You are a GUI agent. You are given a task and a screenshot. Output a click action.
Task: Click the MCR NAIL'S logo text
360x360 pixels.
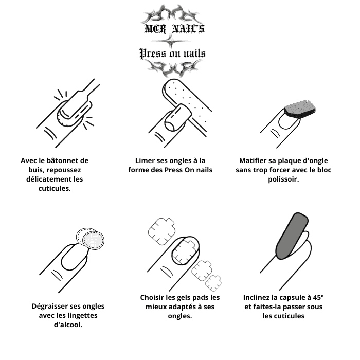[174, 29]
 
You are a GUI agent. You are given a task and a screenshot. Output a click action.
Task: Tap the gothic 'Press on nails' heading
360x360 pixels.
[172, 53]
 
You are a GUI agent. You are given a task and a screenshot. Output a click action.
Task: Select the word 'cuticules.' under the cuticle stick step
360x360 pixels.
[55, 188]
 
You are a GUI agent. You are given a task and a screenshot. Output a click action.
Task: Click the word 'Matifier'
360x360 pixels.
[253, 160]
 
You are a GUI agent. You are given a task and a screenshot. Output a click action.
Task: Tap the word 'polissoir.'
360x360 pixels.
[283, 179]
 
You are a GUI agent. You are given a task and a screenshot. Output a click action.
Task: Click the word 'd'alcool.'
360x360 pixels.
[68, 325]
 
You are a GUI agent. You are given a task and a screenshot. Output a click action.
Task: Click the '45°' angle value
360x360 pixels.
[318, 298]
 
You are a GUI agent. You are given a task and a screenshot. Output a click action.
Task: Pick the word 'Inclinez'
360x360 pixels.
[256, 298]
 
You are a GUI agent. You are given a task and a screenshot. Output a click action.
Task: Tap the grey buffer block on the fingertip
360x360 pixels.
[300, 109]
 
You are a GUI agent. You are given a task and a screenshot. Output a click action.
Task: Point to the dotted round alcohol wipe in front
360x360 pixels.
[94, 241]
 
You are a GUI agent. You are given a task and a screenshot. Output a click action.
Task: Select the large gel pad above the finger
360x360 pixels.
[161, 231]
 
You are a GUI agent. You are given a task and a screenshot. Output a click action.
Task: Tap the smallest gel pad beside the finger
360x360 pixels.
[213, 283]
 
